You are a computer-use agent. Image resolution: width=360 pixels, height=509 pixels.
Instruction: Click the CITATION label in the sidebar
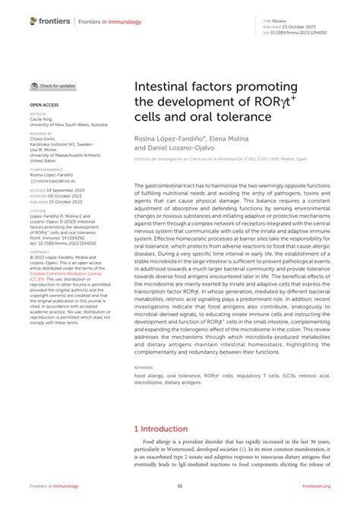40,213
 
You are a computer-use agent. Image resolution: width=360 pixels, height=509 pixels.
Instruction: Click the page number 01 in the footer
180,487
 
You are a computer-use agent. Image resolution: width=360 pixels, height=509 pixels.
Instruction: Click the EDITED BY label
39,114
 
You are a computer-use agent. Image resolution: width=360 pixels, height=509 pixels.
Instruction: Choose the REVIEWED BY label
43,133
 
